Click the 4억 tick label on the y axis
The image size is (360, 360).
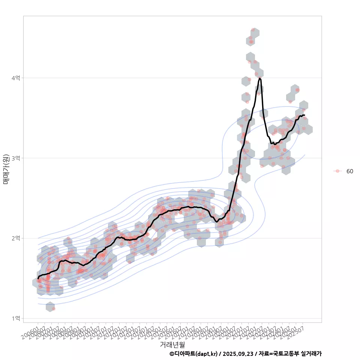tap(16, 78)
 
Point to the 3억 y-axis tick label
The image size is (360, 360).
tap(16, 158)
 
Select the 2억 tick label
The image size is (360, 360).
tap(16, 238)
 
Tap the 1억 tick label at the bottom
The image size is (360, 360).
tap(16, 318)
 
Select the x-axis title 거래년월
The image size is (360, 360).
tap(172, 344)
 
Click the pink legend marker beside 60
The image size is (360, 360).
tap(337, 171)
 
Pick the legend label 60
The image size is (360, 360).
tap(349, 171)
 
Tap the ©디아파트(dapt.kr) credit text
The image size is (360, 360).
tap(193, 354)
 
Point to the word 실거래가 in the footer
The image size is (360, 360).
tap(311, 354)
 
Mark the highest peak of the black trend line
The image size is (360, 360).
tap(260, 78)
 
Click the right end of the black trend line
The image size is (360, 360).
tap(304, 115)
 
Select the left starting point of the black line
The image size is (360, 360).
tap(38, 279)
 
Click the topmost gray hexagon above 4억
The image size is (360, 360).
tap(255, 32)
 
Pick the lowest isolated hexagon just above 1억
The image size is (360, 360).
tap(50, 307)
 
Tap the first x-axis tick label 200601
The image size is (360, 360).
tap(30, 332)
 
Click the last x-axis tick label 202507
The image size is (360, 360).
tap(296, 332)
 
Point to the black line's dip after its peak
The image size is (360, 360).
tap(274, 144)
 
